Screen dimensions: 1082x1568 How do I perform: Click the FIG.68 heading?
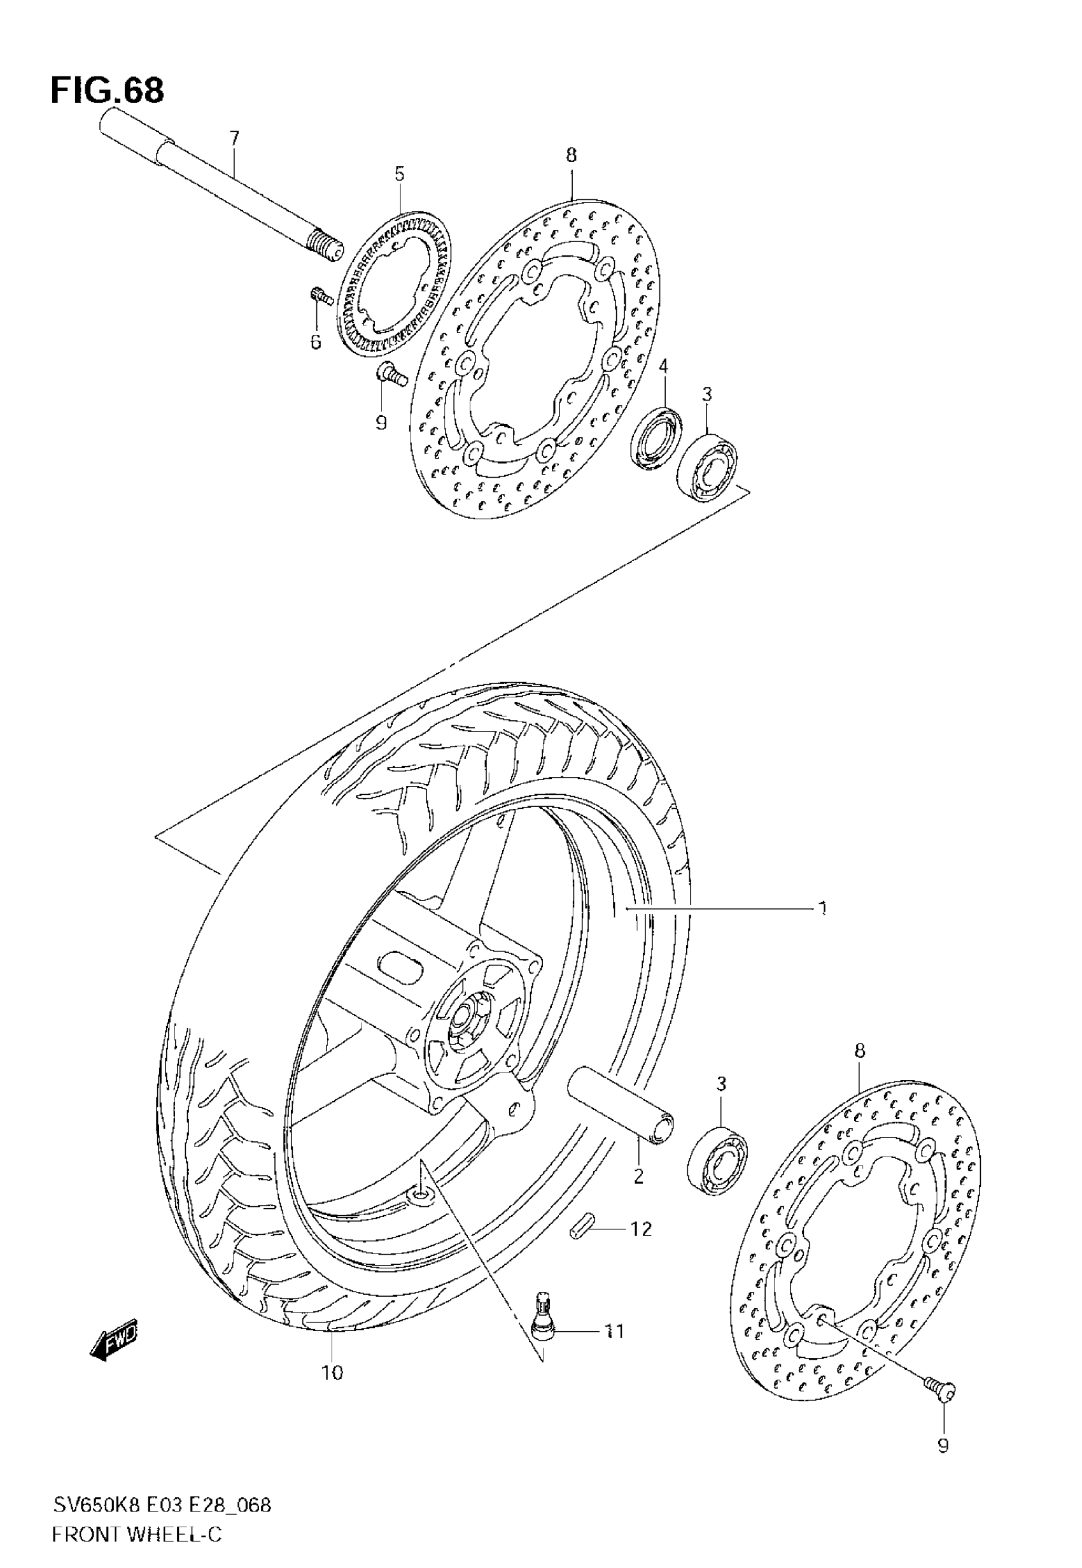click(x=107, y=91)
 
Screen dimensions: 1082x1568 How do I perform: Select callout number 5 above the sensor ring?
click(x=399, y=175)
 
